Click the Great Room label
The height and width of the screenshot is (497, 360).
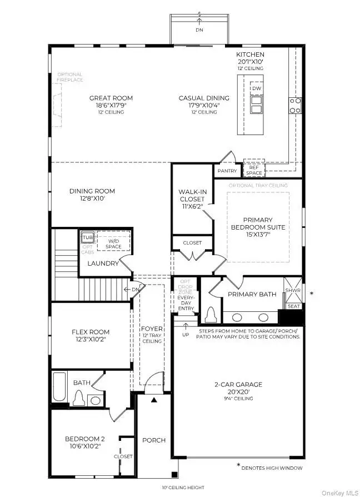111,98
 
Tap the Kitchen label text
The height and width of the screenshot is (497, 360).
249,54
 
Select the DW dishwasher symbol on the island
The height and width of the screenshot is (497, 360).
256,89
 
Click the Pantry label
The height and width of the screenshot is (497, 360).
227,171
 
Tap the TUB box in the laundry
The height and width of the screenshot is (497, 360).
87,237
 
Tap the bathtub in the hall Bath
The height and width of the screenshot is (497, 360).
59,389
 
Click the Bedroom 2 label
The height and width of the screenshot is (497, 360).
84,439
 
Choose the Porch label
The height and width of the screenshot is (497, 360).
154,440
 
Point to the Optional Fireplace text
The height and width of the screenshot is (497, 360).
69,77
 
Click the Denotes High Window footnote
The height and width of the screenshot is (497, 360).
272,468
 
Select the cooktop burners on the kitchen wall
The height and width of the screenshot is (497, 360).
294,105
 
